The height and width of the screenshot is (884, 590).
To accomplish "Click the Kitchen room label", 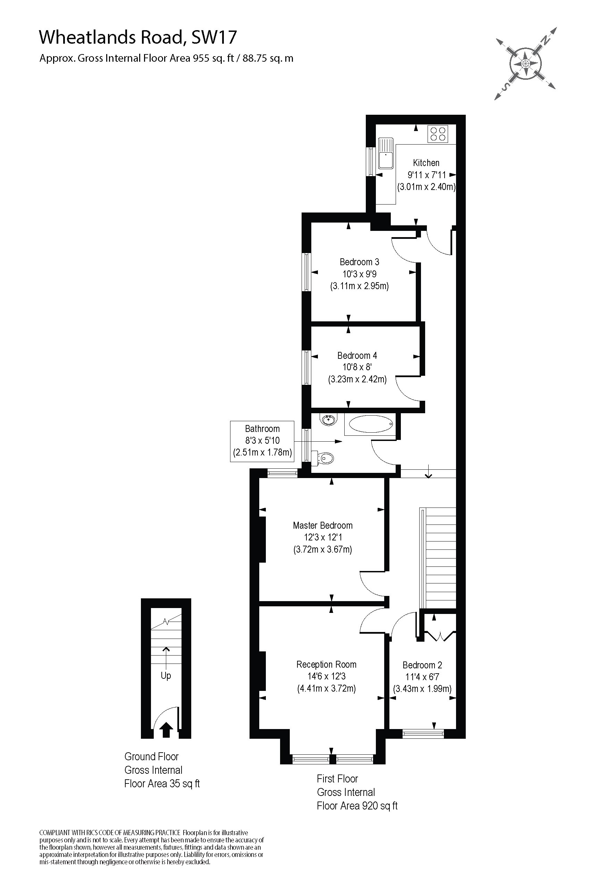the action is pyautogui.click(x=426, y=163).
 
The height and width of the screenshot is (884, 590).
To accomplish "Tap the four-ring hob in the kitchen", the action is pyautogui.click(x=438, y=133).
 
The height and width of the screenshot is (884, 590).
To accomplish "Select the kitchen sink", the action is pyautogui.click(x=386, y=153).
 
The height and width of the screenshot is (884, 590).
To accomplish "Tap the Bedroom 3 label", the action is pyautogui.click(x=359, y=262).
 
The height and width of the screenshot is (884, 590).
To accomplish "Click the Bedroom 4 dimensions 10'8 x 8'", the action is pyautogui.click(x=357, y=367).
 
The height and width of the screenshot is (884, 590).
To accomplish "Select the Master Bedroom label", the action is pyautogui.click(x=323, y=525).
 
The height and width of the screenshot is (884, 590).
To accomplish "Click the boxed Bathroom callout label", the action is pyautogui.click(x=262, y=441).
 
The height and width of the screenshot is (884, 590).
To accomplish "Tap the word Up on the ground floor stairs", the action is pyautogui.click(x=166, y=675).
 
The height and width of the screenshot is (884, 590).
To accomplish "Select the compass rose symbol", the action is pyautogui.click(x=526, y=63).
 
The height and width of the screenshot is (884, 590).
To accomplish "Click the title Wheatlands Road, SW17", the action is pyautogui.click(x=138, y=37).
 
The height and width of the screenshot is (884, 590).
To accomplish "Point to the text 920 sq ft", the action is pyautogui.click(x=380, y=805).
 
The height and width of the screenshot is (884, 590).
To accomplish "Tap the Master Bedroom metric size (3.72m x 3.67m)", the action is pyautogui.click(x=323, y=549).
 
